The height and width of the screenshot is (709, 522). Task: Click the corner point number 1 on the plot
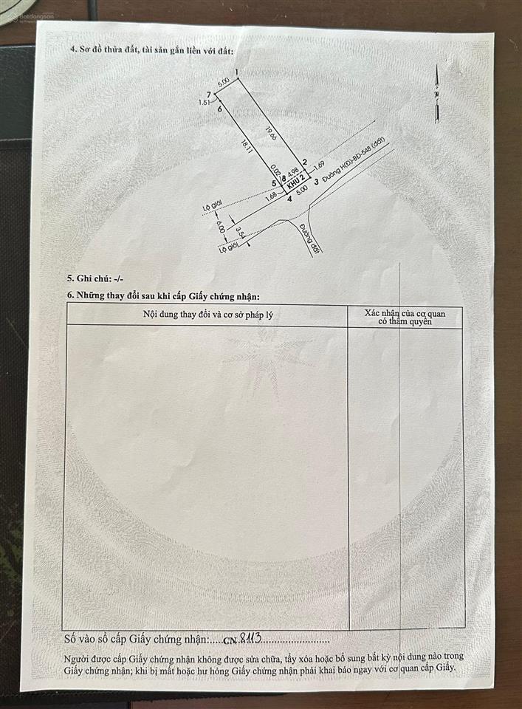click(236, 72)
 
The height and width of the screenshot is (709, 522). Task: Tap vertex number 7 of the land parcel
click(210, 95)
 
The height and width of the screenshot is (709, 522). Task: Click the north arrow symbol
click(437, 92)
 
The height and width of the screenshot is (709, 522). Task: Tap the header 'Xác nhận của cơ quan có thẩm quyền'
click(405, 318)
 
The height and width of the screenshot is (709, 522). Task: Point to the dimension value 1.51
click(205, 103)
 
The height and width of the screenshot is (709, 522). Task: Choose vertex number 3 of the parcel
click(316, 182)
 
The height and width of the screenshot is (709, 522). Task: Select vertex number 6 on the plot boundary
click(219, 109)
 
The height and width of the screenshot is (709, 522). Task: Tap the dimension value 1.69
click(319, 164)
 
